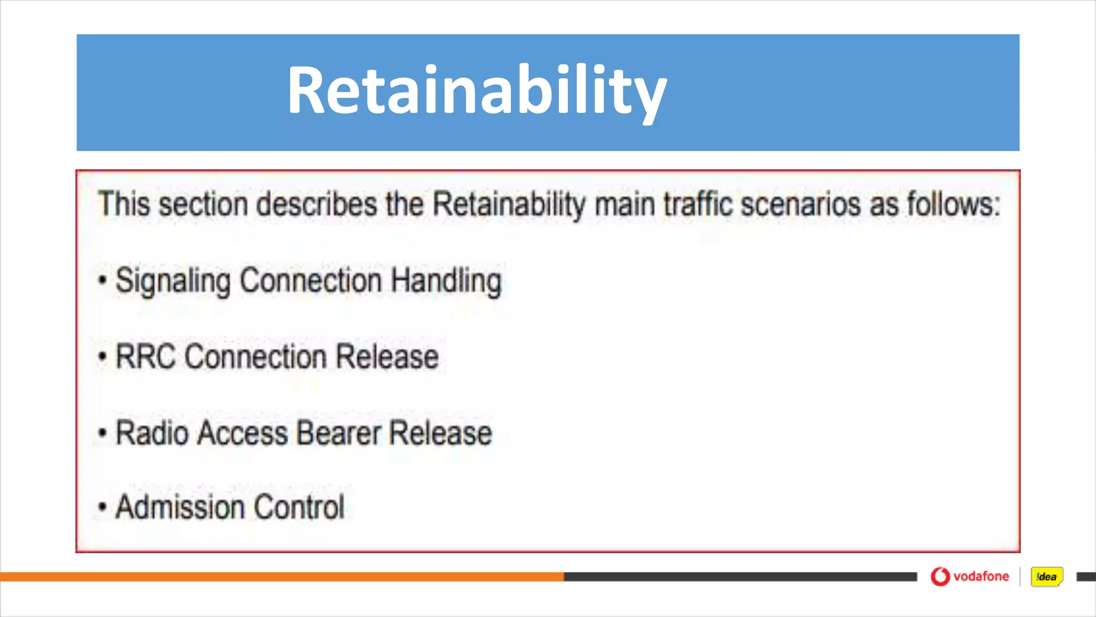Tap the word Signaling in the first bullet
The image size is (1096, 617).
tap(173, 281)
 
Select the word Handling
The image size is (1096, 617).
tap(446, 281)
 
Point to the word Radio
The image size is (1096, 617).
tap(151, 433)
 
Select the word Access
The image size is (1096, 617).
tap(242, 433)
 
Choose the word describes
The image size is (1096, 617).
tap(316, 205)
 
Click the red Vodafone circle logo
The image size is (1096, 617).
tap(940, 577)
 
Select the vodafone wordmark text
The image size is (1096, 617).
tap(981, 577)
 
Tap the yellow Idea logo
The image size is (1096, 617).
tap(1046, 577)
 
